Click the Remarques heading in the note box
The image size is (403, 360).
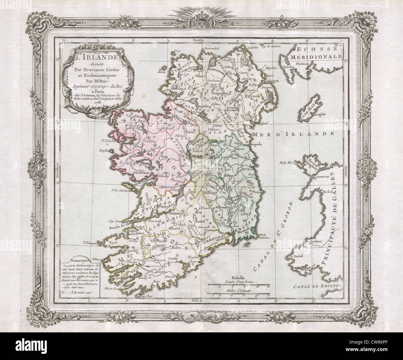[80, 261]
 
